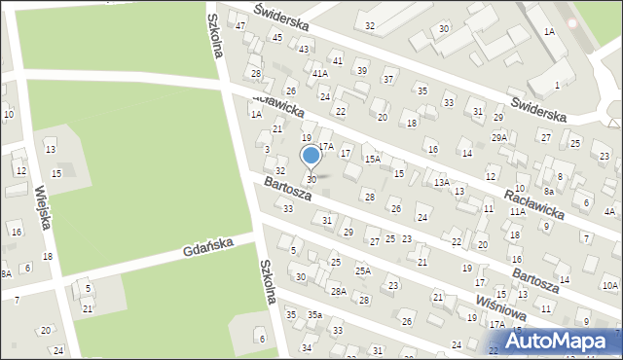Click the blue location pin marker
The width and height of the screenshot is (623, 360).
[311, 156]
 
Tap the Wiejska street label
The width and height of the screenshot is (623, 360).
[42, 208]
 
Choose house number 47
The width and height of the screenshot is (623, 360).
[240, 24]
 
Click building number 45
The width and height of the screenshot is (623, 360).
[277, 37]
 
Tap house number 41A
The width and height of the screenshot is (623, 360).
[319, 73]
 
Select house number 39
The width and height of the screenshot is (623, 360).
[361, 70]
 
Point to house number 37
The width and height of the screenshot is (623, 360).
[388, 79]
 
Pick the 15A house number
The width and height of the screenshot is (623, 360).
[372, 158]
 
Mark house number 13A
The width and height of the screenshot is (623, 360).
[441, 182]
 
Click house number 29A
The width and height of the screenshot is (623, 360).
[499, 138]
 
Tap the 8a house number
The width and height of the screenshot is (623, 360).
[549, 192]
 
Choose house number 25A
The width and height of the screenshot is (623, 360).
[362, 270]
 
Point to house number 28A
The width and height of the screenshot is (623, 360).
[338, 291]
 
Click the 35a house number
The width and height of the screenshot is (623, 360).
[314, 314]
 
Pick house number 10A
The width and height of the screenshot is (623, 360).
[609, 285]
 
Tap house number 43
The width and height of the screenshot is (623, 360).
[304, 49]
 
